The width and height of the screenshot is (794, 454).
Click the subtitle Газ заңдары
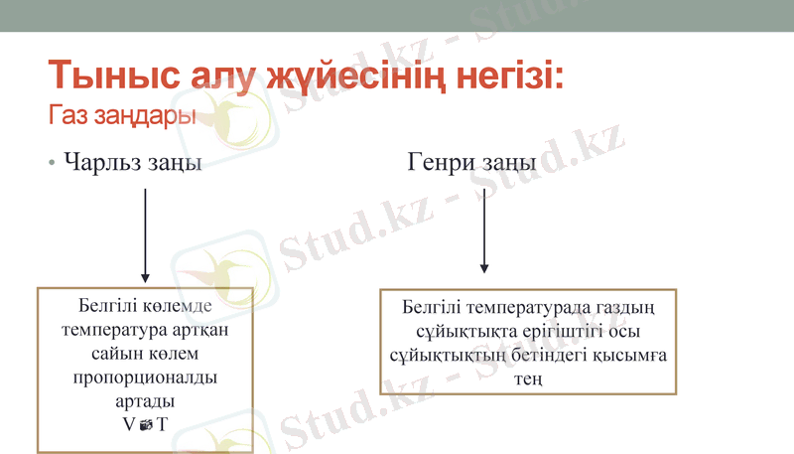tap(120, 115)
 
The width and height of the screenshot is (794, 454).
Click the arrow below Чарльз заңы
tap(146, 234)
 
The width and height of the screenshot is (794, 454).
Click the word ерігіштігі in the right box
tap(538, 331)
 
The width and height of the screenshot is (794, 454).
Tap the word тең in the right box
tap(527, 378)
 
